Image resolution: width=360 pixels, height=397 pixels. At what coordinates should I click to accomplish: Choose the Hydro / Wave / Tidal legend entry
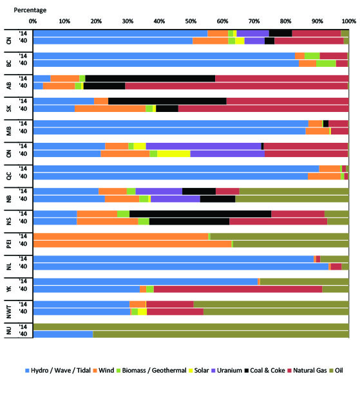click(56, 371)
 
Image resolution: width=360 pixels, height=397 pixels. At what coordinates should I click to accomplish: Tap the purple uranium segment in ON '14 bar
click(203, 146)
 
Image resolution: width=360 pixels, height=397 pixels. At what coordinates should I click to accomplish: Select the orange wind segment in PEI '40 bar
click(132, 244)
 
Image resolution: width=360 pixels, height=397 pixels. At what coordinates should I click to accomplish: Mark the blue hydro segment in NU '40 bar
click(62, 334)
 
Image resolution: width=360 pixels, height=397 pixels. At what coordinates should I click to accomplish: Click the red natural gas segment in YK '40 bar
click(238, 289)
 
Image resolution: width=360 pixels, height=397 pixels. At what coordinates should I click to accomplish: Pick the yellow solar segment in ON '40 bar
click(174, 154)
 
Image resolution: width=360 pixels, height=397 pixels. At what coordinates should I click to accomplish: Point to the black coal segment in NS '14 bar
click(200, 214)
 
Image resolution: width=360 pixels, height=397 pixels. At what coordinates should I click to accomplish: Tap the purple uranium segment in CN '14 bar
click(252, 33)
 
